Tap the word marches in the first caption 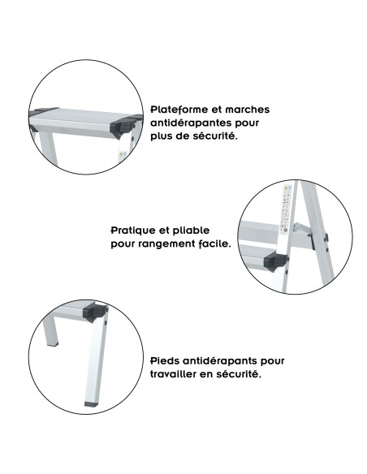point(249,109)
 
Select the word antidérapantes point(192,123)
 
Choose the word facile point(214,243)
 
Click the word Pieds point(166,360)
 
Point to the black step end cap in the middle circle point(277,261)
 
